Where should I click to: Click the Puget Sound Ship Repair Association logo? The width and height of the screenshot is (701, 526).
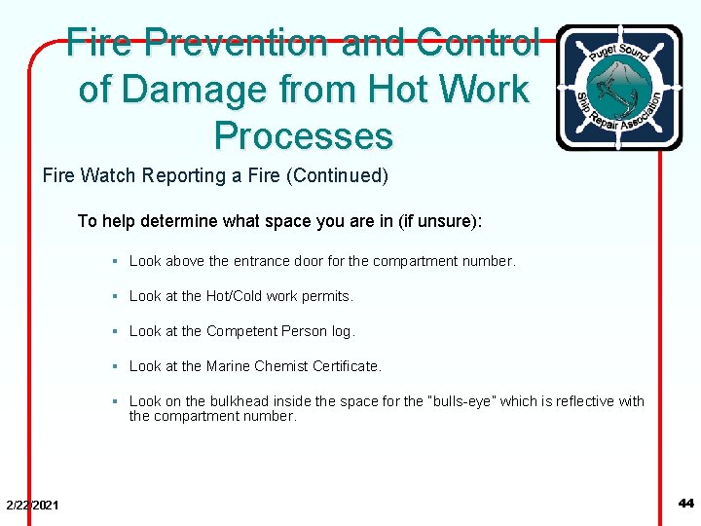(618, 88)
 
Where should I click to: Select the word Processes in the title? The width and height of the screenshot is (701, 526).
(304, 135)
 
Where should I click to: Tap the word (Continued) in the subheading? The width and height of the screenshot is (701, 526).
(341, 176)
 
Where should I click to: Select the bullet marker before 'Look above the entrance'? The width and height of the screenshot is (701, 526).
(115, 261)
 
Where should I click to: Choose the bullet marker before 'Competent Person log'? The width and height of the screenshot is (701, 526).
(115, 331)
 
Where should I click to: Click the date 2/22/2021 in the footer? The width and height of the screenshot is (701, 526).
(32, 505)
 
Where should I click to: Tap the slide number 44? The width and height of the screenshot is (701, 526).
(685, 504)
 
